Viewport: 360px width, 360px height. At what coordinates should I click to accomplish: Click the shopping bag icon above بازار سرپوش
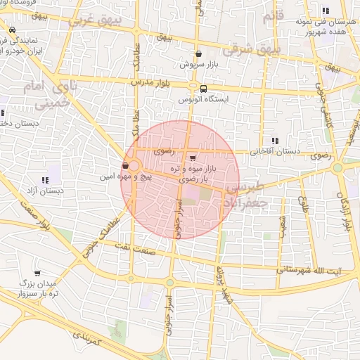(199, 53)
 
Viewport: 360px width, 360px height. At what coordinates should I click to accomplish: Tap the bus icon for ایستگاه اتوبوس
(203, 89)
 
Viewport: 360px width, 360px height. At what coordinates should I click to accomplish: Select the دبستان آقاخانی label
(277, 151)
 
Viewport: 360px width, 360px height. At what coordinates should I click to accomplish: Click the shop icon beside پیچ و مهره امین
(125, 166)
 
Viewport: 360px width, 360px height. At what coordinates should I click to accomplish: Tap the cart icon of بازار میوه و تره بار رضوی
(193, 157)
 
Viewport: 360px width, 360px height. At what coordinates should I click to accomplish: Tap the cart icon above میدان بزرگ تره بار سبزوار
(37, 274)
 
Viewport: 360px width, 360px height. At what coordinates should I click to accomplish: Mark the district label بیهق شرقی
(250, 50)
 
